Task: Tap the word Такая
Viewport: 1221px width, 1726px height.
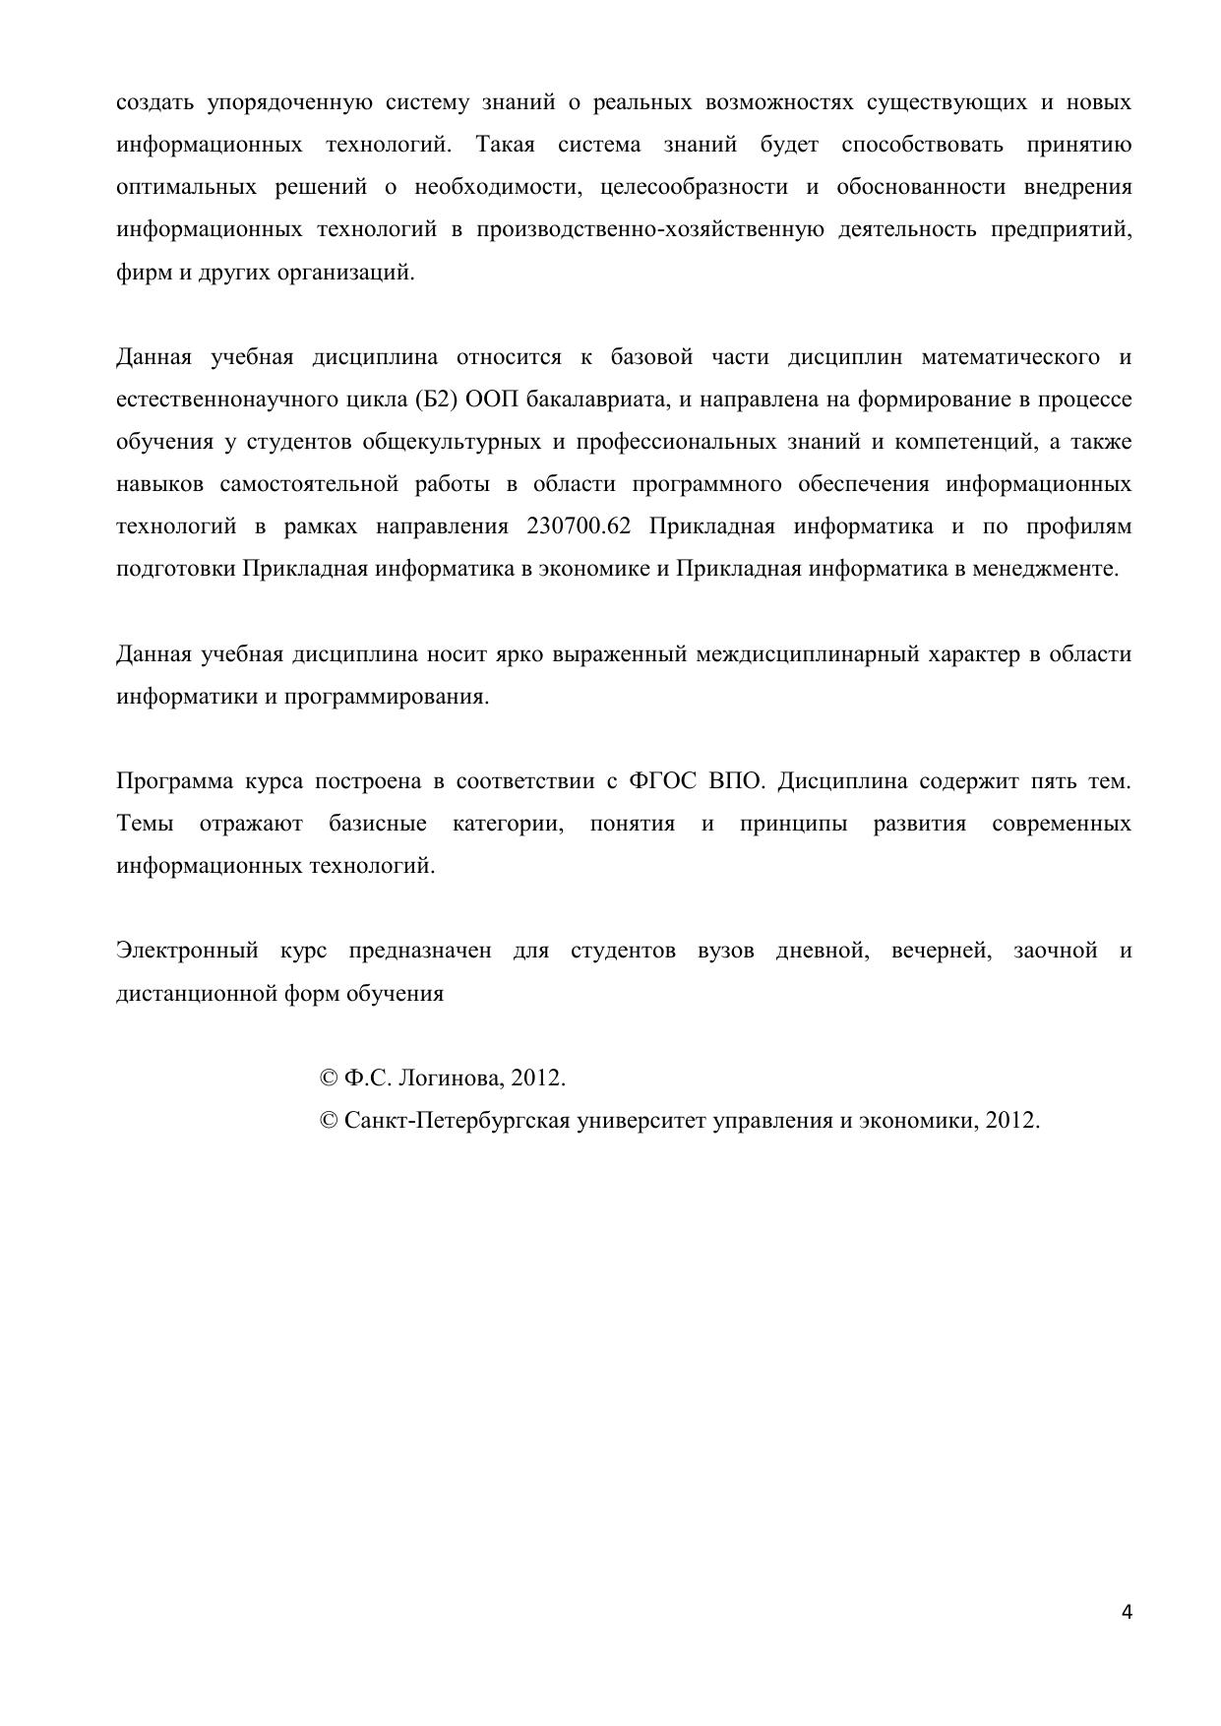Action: point(505,145)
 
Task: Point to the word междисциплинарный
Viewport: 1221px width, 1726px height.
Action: point(807,653)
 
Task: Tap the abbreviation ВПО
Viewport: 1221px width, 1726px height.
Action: point(735,780)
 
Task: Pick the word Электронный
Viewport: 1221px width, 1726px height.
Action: point(187,950)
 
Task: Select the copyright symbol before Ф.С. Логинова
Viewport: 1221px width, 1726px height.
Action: point(329,1078)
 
